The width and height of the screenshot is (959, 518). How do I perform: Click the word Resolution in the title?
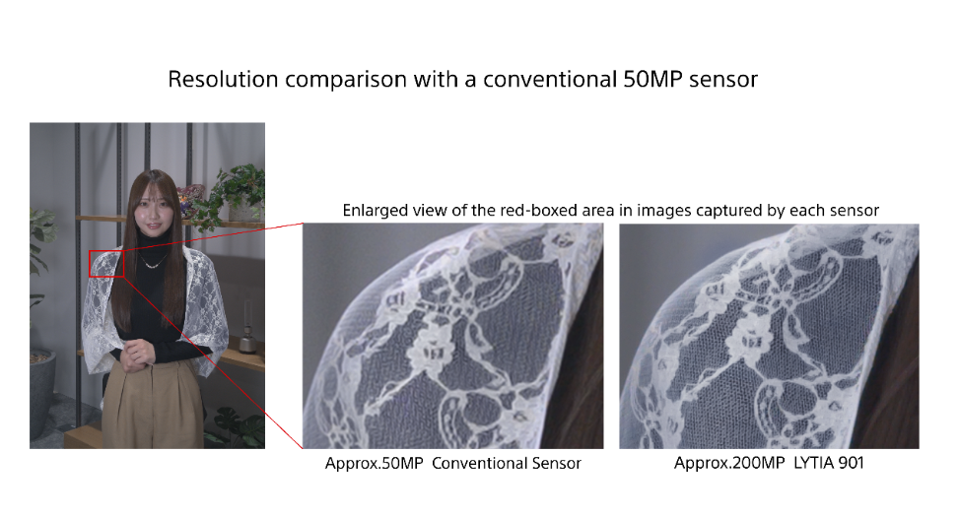click(223, 80)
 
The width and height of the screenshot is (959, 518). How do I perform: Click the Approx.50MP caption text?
click(375, 464)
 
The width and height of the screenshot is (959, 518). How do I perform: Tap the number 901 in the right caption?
click(851, 463)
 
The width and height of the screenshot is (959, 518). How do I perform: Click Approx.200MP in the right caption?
click(729, 464)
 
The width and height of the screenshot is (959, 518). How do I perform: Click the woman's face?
click(150, 212)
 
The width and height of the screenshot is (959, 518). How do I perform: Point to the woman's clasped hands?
click(136, 355)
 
